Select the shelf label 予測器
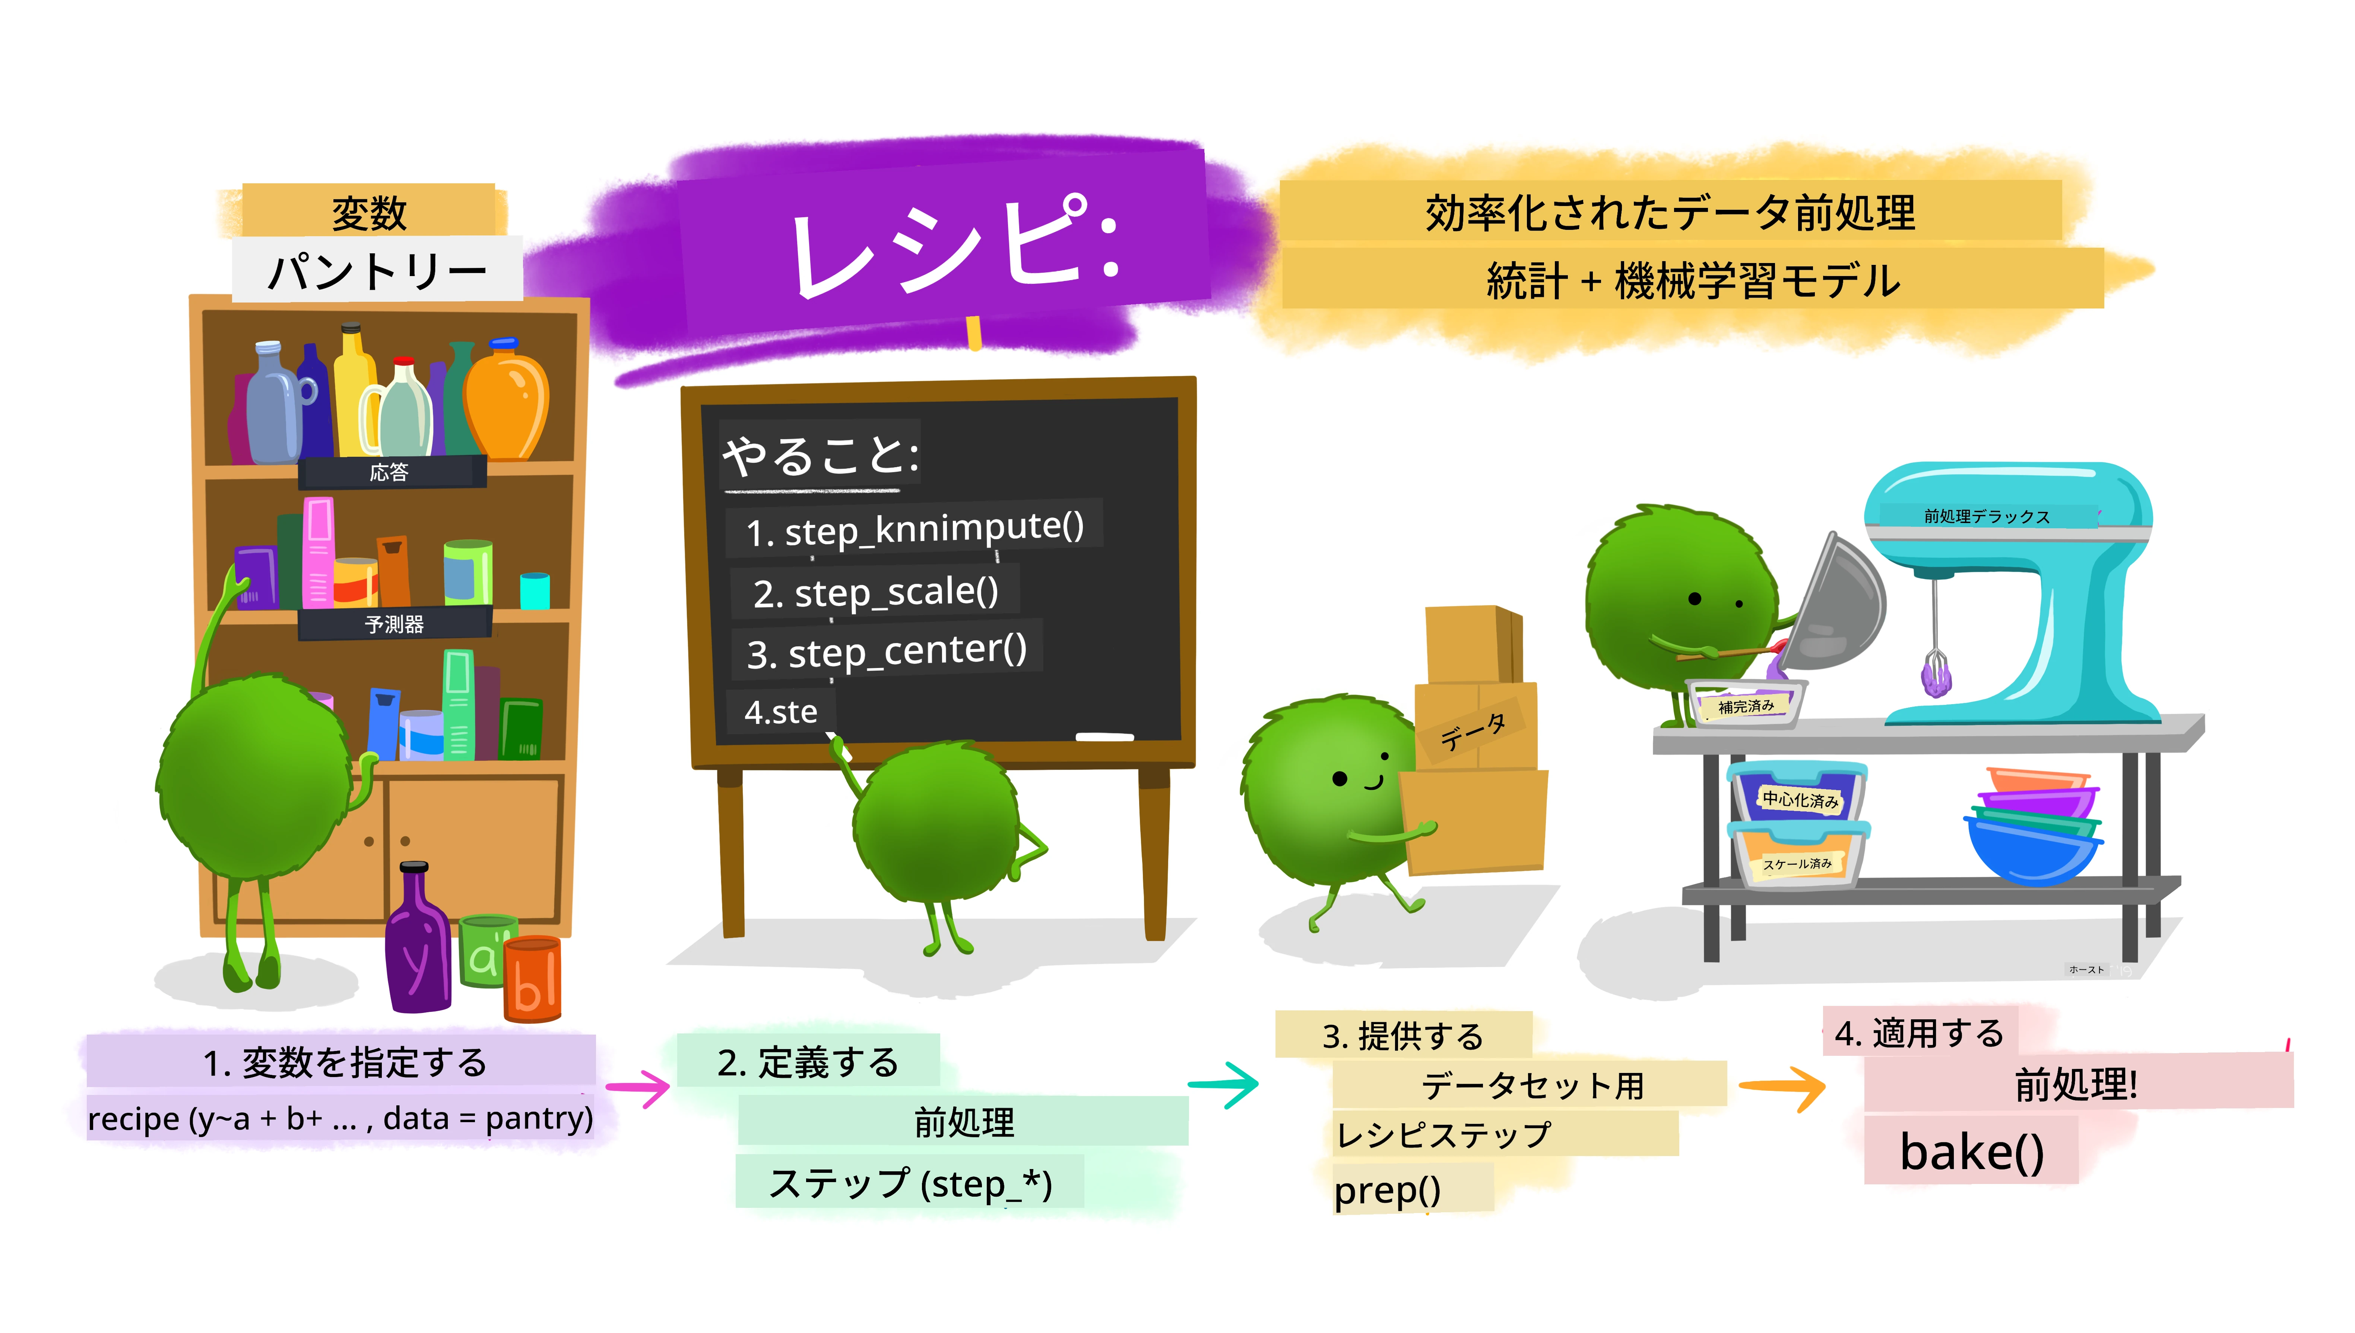click(394, 624)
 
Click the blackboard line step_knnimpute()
click(915, 528)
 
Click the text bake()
click(1971, 1152)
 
